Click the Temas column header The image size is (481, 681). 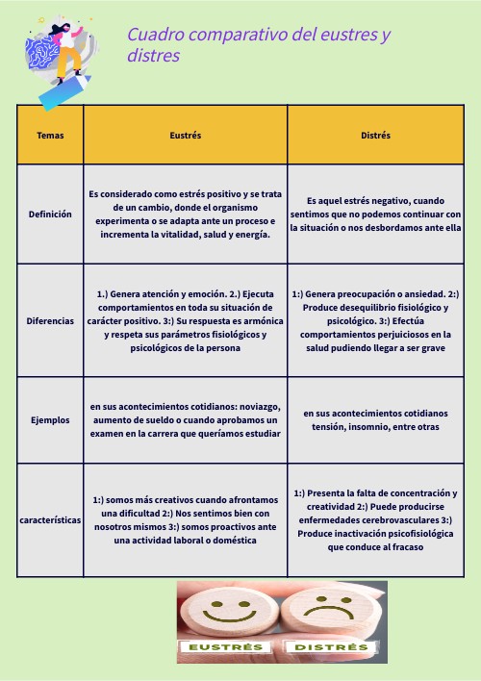coord(50,136)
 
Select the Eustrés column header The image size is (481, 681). coord(185,136)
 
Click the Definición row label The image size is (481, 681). coord(50,214)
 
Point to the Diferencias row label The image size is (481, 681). coord(50,320)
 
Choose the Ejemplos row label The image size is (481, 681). coord(50,420)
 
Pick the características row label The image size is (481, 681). coord(50,520)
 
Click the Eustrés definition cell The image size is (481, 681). coord(185,214)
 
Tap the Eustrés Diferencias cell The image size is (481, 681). coord(185,320)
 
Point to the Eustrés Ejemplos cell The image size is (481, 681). coord(185,420)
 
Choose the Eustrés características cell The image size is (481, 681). coord(185,520)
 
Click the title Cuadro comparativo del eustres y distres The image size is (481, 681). coord(258,45)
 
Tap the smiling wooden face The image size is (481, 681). coord(228,611)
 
